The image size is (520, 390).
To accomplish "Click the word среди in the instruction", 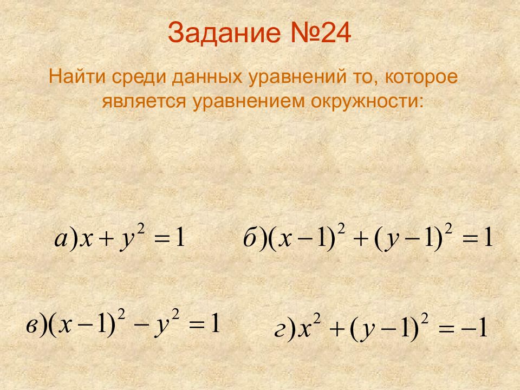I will tap(139, 77).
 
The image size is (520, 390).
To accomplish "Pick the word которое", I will tap(422, 77).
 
